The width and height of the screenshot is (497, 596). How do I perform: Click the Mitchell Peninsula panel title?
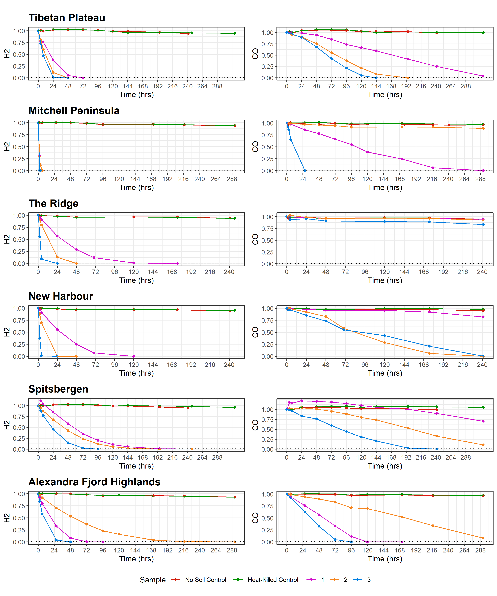tap(74, 111)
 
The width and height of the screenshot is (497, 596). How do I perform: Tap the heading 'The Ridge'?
tap(53, 203)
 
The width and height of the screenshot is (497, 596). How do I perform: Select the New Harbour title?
tap(61, 296)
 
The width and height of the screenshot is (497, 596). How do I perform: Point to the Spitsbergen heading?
tap(58, 389)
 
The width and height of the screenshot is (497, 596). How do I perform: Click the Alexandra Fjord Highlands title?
tap(94, 482)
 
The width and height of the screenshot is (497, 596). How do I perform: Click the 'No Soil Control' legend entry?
tap(205, 580)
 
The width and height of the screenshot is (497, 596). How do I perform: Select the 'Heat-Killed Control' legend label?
tap(273, 580)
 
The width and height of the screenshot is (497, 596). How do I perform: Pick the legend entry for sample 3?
tap(369, 580)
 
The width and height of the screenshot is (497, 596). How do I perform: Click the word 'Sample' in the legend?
tap(153, 580)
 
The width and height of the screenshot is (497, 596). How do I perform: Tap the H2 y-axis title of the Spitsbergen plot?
tap(7, 425)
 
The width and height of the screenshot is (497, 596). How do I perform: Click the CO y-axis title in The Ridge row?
tap(255, 239)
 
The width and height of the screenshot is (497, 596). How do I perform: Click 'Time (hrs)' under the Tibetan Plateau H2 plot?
tap(136, 95)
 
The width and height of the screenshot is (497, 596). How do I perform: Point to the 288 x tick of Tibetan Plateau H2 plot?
tap(217, 86)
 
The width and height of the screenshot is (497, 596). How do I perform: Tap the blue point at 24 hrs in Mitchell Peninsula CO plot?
tap(305, 171)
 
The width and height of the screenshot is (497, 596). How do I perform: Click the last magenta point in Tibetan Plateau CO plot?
tap(483, 76)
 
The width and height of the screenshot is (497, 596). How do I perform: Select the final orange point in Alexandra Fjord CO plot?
tap(483, 538)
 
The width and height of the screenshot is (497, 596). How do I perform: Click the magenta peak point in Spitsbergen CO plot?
tap(302, 401)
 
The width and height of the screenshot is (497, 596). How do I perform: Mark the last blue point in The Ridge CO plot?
tap(483, 224)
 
